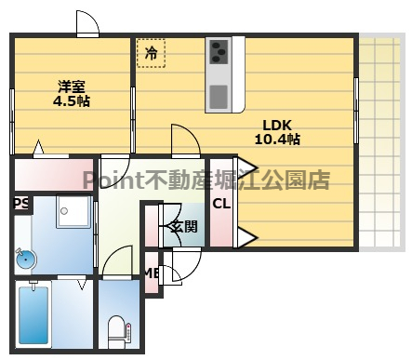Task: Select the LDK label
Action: click(276, 126)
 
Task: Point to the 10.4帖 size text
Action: click(276, 140)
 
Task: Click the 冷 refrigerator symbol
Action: click(151, 53)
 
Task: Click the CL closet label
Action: click(222, 205)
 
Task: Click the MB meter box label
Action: click(150, 273)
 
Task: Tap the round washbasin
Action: click(25, 259)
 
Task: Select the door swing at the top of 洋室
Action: click(86, 23)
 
